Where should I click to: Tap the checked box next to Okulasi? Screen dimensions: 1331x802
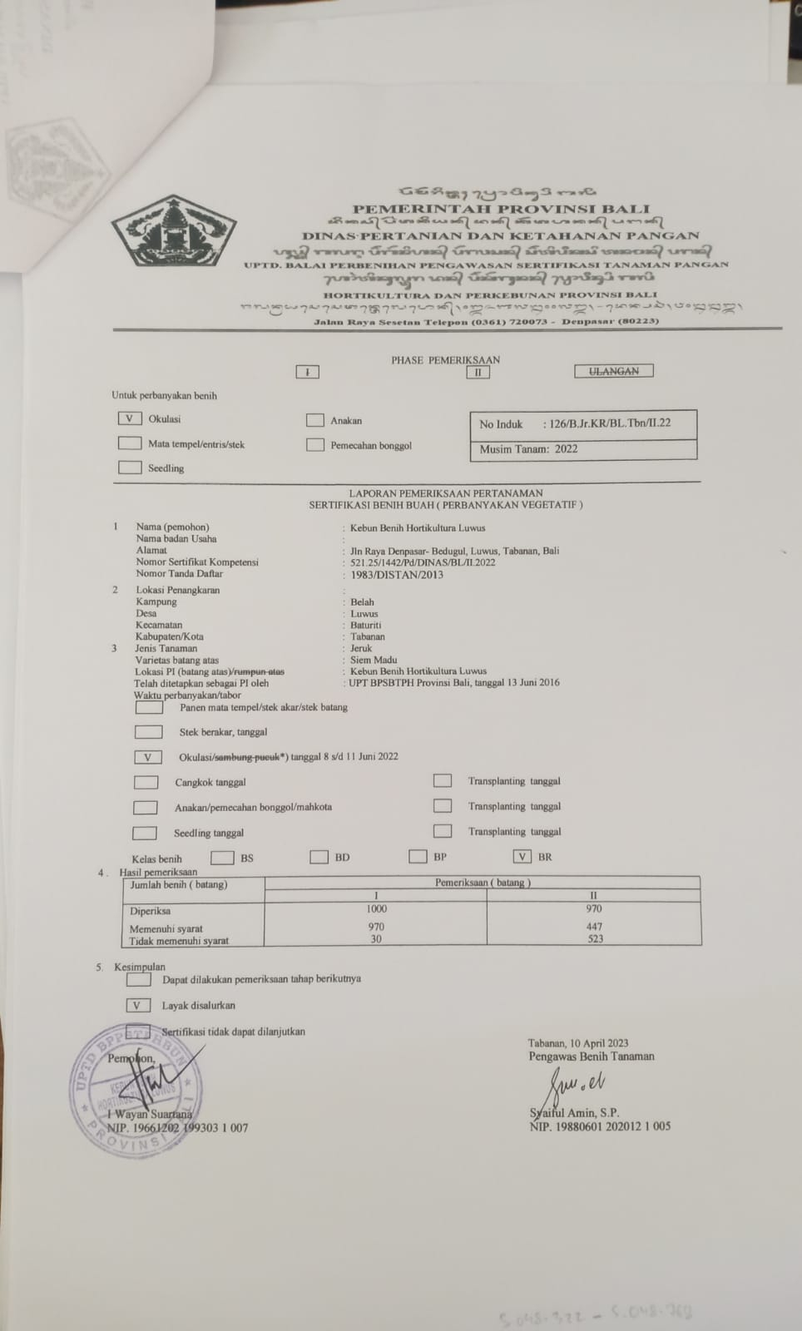[x=130, y=419]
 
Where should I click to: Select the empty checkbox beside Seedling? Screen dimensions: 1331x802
[x=130, y=468]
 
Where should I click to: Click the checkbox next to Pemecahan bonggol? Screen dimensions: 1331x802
[x=314, y=445]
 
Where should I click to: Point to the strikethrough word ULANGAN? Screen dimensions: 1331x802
[x=614, y=371]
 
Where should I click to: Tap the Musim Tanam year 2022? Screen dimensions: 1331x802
[x=566, y=449]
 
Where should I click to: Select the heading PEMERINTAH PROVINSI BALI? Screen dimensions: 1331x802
[x=501, y=209]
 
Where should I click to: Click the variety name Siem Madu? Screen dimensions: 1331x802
[x=374, y=660]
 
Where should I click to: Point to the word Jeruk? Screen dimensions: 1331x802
[x=361, y=648]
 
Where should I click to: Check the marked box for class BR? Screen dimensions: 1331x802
[x=522, y=857]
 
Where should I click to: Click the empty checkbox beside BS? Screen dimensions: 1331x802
[x=222, y=858]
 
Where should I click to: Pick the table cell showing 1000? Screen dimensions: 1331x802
[x=376, y=909]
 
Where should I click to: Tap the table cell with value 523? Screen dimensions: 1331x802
[x=595, y=939]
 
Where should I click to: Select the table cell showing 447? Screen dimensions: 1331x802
[x=594, y=927]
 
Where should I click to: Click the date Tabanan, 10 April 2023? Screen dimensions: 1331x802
[x=578, y=1043]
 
